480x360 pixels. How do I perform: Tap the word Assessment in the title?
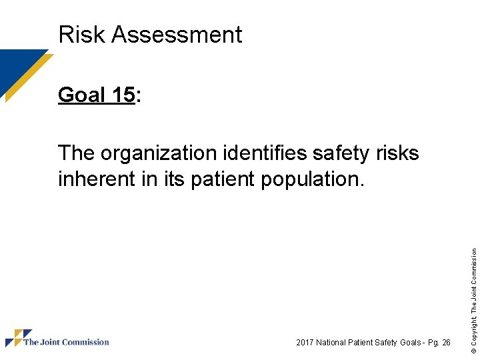point(177,34)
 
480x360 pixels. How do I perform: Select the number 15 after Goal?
point(123,95)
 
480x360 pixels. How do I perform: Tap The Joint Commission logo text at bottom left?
point(66,343)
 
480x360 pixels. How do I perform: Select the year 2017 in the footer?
point(305,343)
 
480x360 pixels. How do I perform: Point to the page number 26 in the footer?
point(446,343)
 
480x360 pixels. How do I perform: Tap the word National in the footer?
point(332,343)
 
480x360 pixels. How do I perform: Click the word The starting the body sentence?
point(77,154)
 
